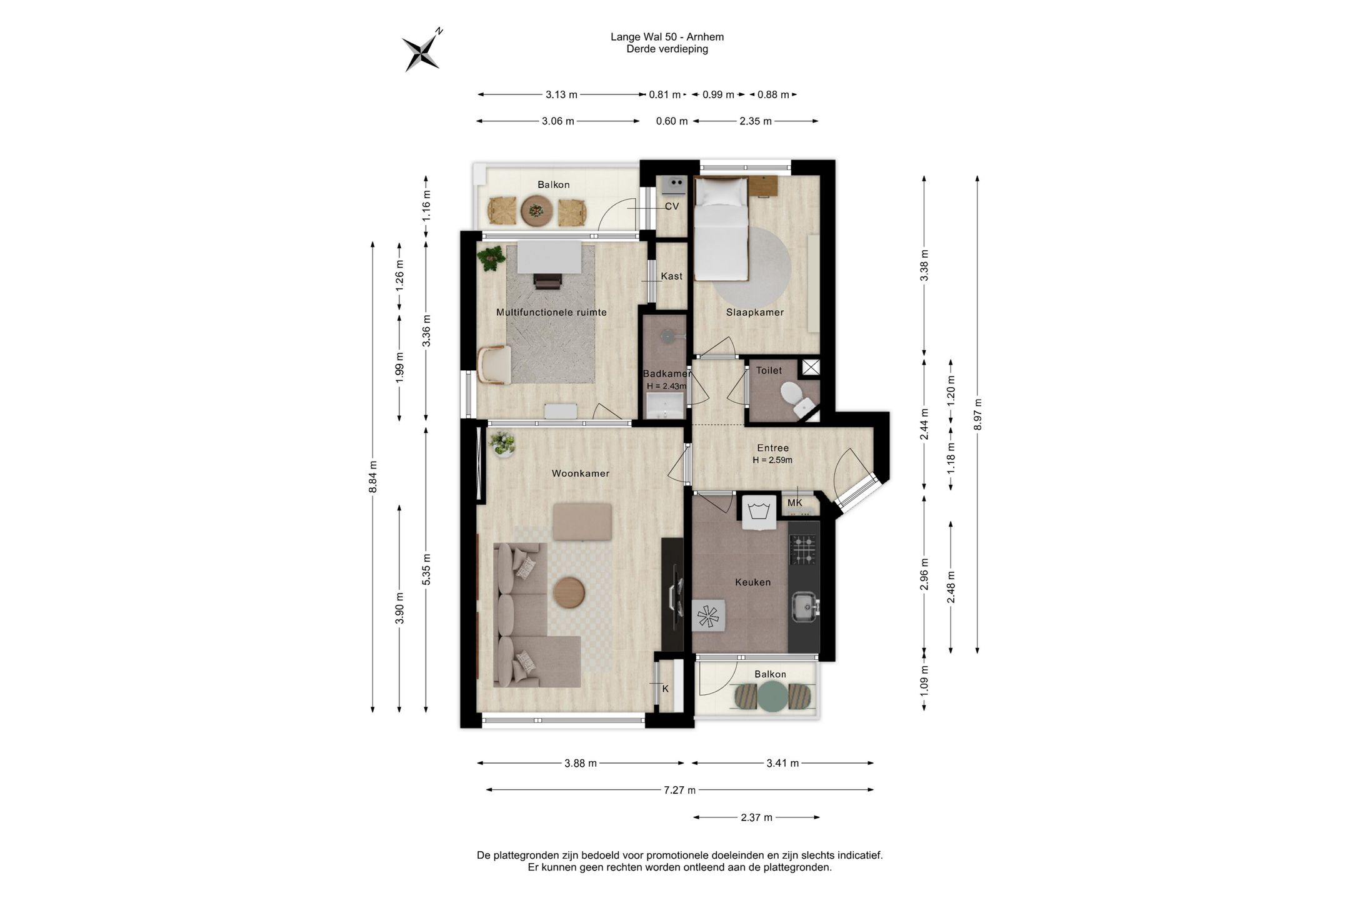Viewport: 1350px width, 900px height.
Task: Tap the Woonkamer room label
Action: (580, 473)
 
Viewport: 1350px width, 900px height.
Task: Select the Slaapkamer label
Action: (754, 312)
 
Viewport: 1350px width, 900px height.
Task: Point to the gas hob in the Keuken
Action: (803, 549)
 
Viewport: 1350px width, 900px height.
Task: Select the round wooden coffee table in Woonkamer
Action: (569, 592)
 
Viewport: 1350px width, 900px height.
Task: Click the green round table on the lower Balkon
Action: (770, 697)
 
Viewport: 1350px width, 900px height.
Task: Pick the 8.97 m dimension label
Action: (978, 414)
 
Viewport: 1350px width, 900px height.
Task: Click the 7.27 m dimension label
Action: (679, 790)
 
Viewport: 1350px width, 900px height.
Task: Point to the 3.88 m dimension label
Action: (580, 763)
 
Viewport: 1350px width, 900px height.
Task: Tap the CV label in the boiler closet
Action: (671, 206)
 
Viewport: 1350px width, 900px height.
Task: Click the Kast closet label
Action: (672, 276)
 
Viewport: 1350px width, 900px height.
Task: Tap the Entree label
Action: (772, 448)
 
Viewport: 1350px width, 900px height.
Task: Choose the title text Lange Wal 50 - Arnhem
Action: (667, 37)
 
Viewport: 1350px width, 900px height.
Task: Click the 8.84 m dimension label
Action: (373, 477)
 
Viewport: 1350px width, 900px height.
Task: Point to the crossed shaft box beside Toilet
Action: (811, 367)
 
